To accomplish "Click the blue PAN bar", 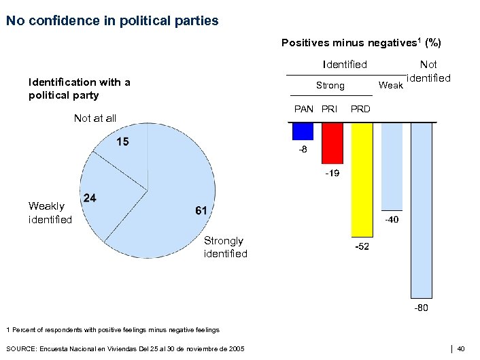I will pos(303,131).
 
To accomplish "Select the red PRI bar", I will pos(332,143).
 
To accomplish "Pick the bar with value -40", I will pos(392,167).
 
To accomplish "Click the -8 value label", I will pos(303,149).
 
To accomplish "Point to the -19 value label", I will pos(332,174).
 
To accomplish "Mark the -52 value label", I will pos(362,246).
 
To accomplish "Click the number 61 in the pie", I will pos(201,211).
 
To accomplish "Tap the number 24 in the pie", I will pos(89,198).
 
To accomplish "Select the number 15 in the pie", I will pos(123,142).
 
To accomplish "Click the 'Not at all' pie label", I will pos(95,118).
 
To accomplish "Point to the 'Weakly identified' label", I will pos(50,212).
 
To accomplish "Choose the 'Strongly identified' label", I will pos(225,247).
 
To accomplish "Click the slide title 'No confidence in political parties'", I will pos(112,21).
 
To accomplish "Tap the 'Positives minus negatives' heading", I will pos(361,43).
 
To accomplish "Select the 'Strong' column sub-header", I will pos(330,86).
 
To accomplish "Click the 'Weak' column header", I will pos(390,85).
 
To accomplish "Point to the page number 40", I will pos(460,348).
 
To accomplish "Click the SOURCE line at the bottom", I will pos(125,348).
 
